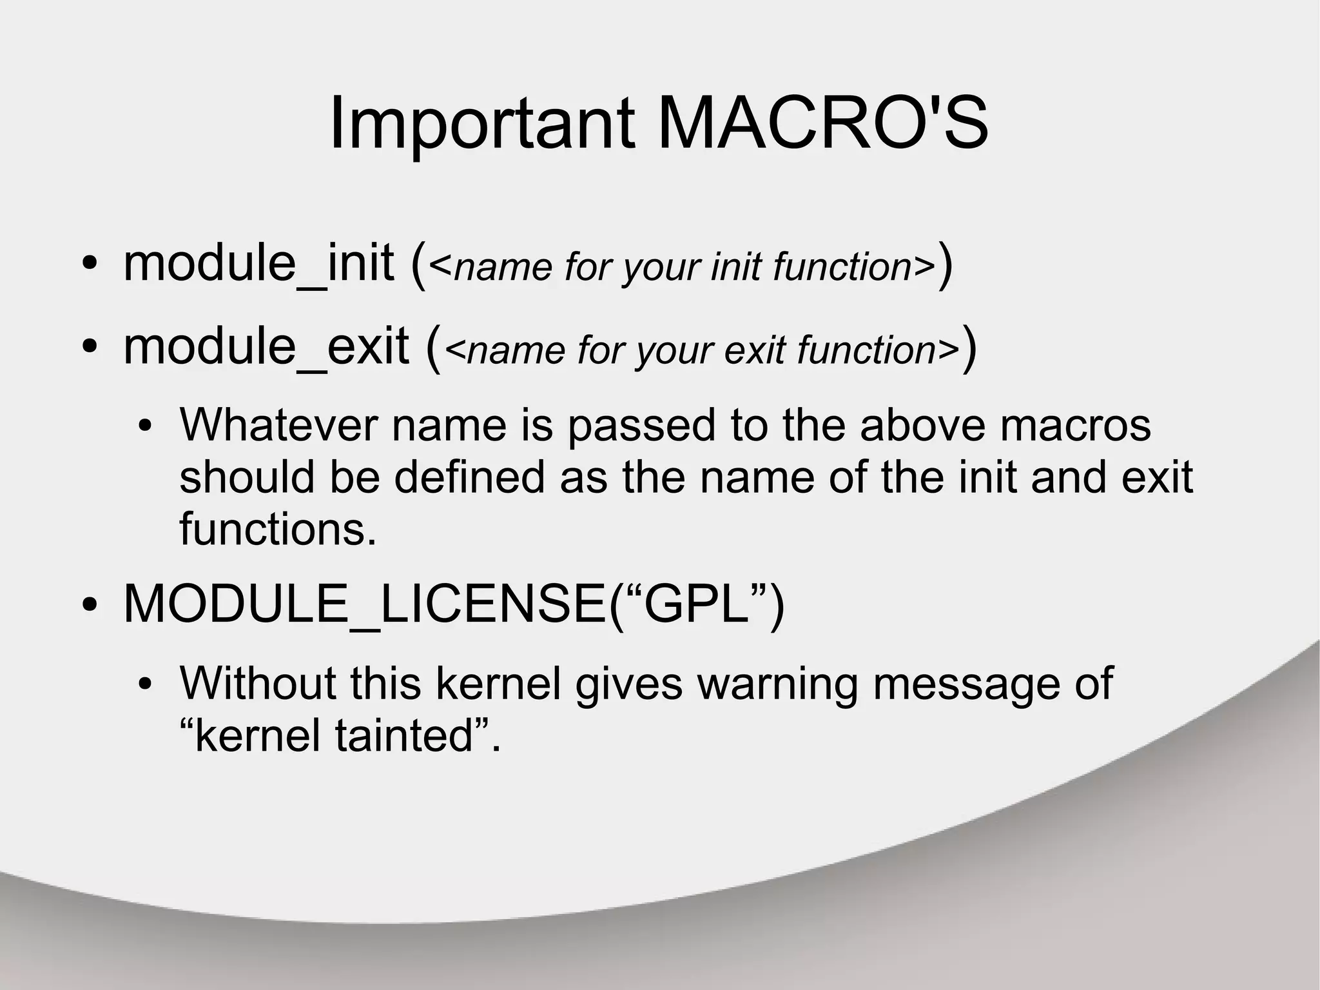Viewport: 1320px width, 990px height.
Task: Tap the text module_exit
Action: [266, 346]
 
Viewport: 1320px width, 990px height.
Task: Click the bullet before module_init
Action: [90, 265]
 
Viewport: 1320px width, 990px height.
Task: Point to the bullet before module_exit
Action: [90, 348]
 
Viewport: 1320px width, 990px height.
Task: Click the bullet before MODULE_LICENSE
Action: [90, 606]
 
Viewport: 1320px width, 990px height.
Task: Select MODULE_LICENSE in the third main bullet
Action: [365, 604]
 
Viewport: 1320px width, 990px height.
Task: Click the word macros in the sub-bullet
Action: [1075, 425]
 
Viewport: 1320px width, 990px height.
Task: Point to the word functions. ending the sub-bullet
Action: [278, 529]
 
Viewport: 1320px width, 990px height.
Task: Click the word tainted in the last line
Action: [404, 735]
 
